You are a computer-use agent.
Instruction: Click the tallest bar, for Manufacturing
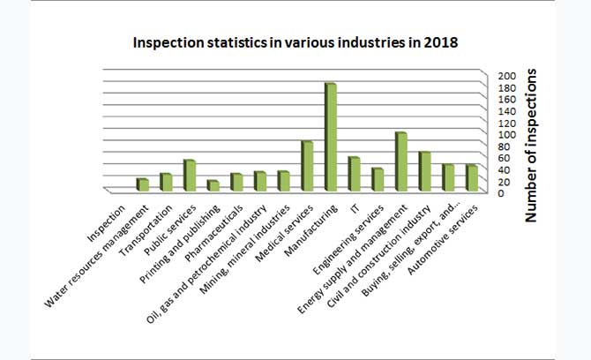tap(331, 137)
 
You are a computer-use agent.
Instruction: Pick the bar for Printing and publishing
tap(213, 185)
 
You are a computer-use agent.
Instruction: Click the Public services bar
tap(189, 175)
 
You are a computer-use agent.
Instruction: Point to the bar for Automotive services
tap(472, 177)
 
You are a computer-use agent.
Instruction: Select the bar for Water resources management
tap(142, 184)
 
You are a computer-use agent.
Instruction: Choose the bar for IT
tap(354, 173)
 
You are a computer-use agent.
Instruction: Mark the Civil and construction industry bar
tap(424, 170)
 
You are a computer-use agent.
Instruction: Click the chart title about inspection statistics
tap(295, 42)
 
